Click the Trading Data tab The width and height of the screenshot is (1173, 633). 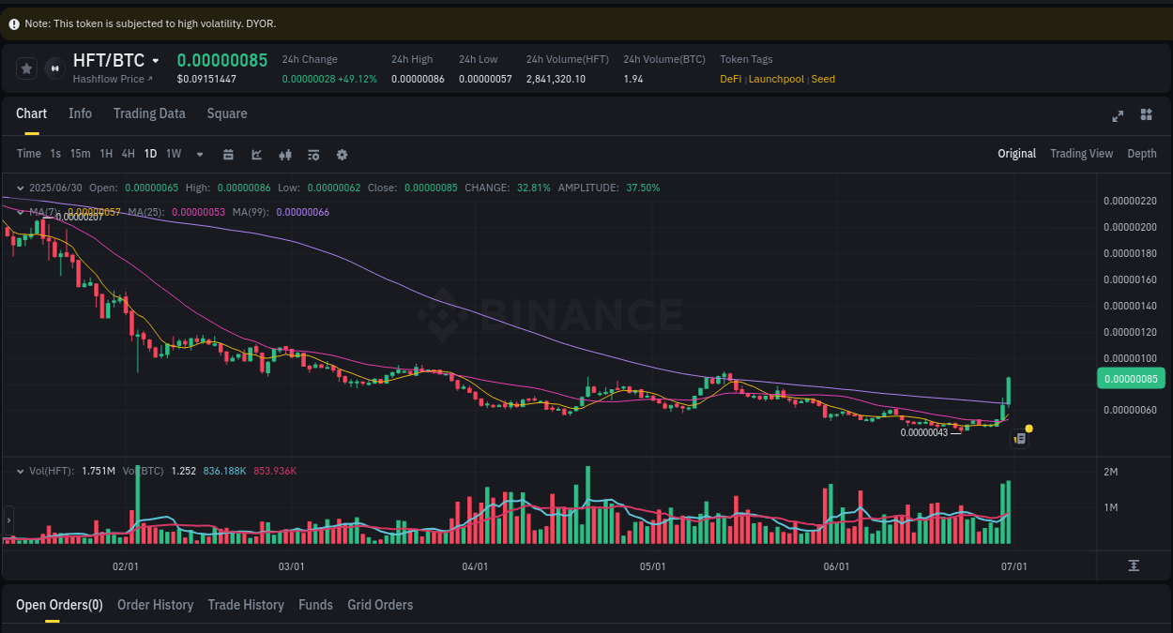pos(149,113)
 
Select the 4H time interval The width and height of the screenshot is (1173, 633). pos(128,154)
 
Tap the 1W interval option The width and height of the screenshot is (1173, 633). pos(174,154)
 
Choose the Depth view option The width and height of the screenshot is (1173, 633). pos(1141,154)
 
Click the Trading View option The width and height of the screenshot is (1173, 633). pos(1081,154)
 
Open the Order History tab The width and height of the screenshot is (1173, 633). pos(155,605)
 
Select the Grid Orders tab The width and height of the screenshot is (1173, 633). pos(380,605)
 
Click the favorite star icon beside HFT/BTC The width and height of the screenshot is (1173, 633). pos(27,68)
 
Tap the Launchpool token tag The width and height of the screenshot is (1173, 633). pos(776,79)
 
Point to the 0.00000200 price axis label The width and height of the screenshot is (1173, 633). pos(1130,227)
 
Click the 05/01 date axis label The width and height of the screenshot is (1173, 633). pos(652,566)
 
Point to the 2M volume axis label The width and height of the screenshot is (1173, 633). pos(1110,472)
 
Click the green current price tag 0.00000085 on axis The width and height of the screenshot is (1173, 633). pos(1130,379)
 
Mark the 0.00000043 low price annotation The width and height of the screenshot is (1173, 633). pos(924,432)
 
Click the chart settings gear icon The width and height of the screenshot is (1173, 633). pos(342,155)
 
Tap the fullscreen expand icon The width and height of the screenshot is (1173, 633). pos(1118,115)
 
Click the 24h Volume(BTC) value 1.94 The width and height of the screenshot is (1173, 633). pos(633,79)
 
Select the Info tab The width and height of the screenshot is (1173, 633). pos(81,113)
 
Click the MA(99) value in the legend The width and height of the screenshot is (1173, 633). pos(302,212)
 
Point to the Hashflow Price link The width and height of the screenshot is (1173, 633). pos(112,79)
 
